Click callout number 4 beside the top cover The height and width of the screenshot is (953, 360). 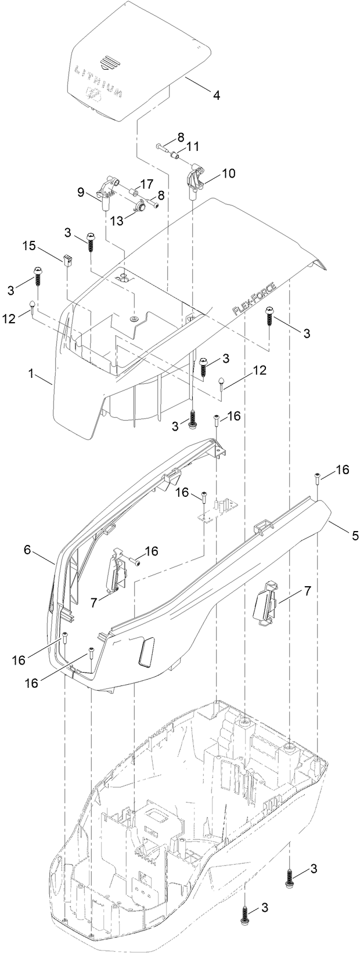216,95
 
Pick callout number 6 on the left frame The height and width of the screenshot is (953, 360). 27,550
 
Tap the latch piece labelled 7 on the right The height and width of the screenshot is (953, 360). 265,609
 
